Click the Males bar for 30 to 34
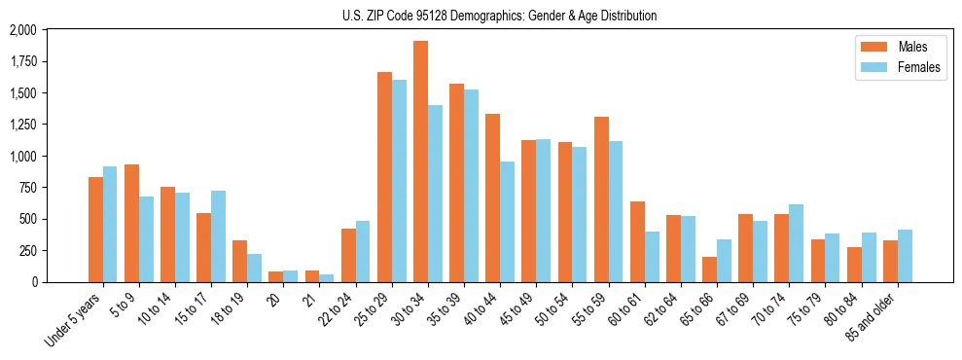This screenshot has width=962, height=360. pyautogui.click(x=420, y=162)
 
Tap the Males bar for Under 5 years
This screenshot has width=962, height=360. pyautogui.click(x=95, y=230)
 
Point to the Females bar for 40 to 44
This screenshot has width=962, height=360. pyautogui.click(x=507, y=222)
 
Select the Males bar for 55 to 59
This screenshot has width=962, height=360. pyautogui.click(x=601, y=199)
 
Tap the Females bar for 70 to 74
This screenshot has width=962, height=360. pyautogui.click(x=796, y=243)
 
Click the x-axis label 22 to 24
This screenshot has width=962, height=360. pyautogui.click(x=342, y=308)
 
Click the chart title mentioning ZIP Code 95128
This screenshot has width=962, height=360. pyautogui.click(x=499, y=16)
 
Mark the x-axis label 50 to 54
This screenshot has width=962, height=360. pyautogui.click(x=558, y=308)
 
